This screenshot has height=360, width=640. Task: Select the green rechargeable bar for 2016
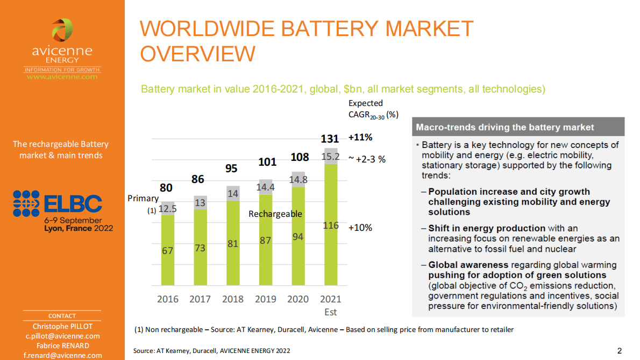click(168, 250)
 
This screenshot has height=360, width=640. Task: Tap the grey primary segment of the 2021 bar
click(330, 156)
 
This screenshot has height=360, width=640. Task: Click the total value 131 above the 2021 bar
click(330, 139)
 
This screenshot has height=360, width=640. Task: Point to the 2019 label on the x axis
click(265, 299)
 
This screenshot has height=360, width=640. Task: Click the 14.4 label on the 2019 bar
click(265, 187)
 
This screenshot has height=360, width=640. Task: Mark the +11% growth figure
click(360, 137)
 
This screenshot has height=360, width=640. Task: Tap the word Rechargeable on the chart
click(275, 214)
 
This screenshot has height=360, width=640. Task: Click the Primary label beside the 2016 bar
click(143, 199)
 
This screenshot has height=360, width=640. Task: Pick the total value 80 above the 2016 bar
click(167, 188)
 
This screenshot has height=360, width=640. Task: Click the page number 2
click(620, 351)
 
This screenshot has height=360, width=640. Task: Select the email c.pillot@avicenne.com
click(62, 336)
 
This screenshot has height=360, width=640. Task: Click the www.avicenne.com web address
click(62, 77)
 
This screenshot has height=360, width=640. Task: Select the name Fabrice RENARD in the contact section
click(62, 345)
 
